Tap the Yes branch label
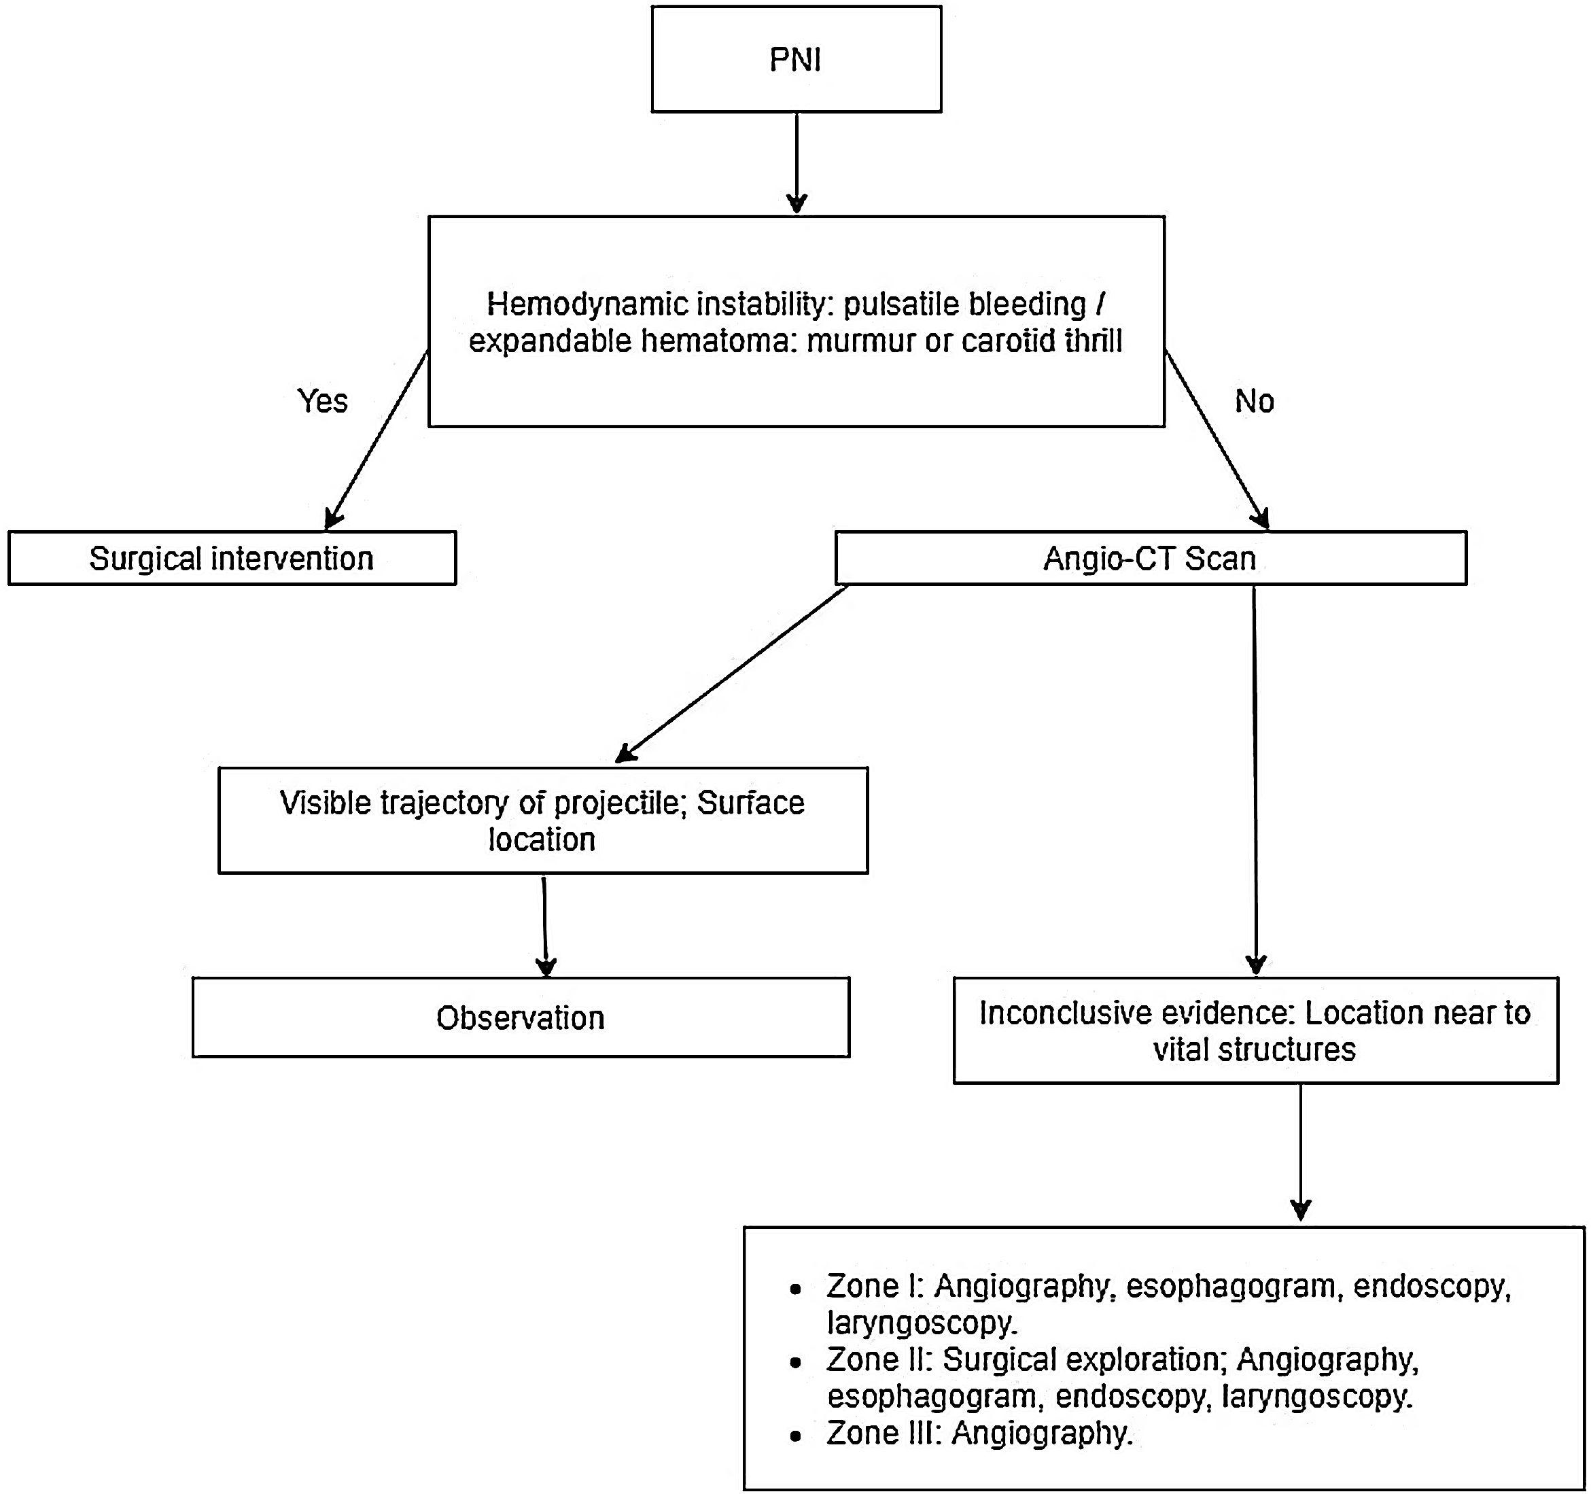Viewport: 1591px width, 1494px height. coord(323,401)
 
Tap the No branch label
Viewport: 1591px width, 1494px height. coord(1254,401)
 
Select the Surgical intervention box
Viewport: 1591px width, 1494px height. coord(231,559)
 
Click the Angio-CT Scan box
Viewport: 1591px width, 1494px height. coord(1150,559)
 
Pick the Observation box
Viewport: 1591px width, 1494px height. coord(520,1018)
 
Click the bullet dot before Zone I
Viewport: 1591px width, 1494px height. coord(794,1290)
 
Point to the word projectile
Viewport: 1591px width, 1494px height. coord(614,803)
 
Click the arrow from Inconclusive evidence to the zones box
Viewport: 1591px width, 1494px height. coord(1301,1152)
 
